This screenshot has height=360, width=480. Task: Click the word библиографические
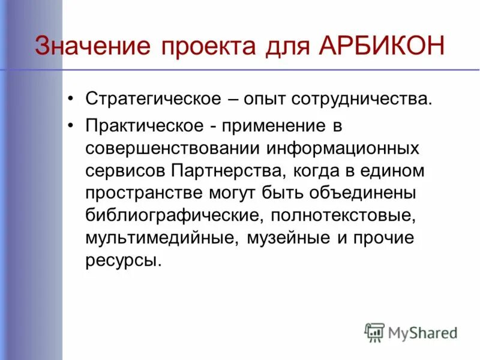(173, 215)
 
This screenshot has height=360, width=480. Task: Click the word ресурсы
(123, 260)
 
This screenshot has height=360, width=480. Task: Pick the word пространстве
(142, 193)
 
